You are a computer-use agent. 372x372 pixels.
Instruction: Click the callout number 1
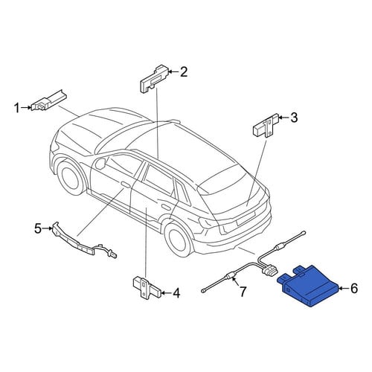[x=17, y=108]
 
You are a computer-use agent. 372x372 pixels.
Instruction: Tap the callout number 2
[x=184, y=72]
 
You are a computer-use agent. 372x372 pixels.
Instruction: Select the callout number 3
[x=294, y=118]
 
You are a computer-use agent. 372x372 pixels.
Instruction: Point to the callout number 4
[x=176, y=293]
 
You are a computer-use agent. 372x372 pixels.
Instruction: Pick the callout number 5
[x=38, y=228]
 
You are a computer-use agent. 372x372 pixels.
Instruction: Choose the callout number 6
[x=353, y=289]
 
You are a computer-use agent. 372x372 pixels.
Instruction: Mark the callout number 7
[x=243, y=292]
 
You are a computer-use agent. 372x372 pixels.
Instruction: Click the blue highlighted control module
[x=308, y=285]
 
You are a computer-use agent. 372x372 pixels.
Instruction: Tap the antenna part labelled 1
[x=50, y=101]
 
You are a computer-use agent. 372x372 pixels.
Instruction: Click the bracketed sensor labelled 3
[x=266, y=126]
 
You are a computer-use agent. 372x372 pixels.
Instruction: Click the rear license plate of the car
[x=246, y=218]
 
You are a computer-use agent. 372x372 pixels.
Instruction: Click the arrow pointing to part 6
[x=344, y=289]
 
